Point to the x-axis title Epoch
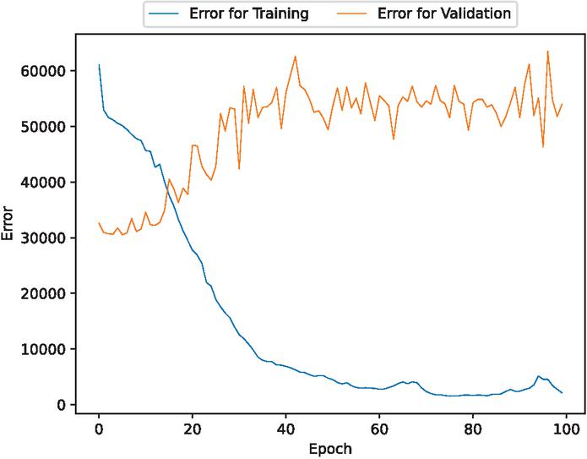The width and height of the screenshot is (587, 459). point(330,449)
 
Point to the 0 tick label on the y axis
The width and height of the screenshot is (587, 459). point(61,405)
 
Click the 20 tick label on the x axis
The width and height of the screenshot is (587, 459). point(193,428)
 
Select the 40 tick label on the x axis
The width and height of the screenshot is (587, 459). point(286,428)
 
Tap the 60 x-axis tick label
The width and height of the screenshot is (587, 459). point(380,428)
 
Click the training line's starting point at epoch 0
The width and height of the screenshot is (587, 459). point(99,65)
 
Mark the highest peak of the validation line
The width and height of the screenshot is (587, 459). point(547,52)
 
